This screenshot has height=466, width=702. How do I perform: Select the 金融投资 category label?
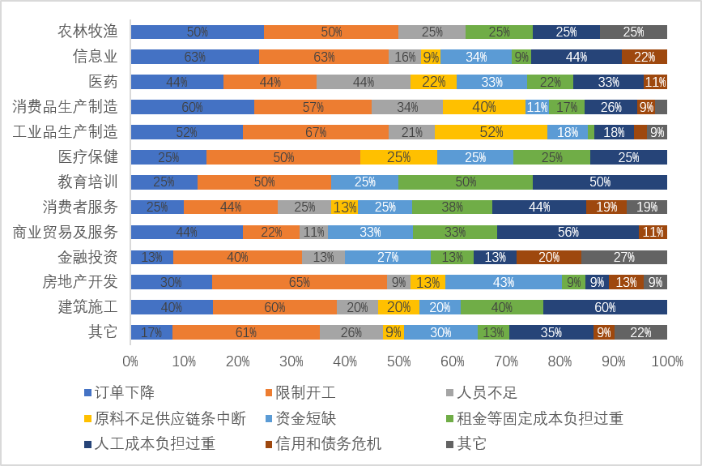coord(87,257)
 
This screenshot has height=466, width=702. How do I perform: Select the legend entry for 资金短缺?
coord(305,419)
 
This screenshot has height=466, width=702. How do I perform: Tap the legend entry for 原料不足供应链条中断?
coord(170,419)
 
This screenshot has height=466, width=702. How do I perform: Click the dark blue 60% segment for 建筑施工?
coord(605,307)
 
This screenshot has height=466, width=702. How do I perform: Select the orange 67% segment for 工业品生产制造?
coord(315,132)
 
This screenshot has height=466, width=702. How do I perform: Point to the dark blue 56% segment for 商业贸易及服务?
coord(568,232)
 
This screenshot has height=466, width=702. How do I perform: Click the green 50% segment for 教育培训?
coord(465,182)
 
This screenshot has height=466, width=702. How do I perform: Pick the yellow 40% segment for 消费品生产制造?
coord(483,107)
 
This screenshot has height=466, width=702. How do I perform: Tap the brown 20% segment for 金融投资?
coord(548,257)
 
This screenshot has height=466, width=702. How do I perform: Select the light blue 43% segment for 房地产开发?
coord(503,282)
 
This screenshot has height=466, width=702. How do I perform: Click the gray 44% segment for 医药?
coord(364,82)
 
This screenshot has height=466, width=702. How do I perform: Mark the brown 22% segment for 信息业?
coord(645,57)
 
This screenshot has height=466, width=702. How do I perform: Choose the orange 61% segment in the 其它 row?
coord(246,332)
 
